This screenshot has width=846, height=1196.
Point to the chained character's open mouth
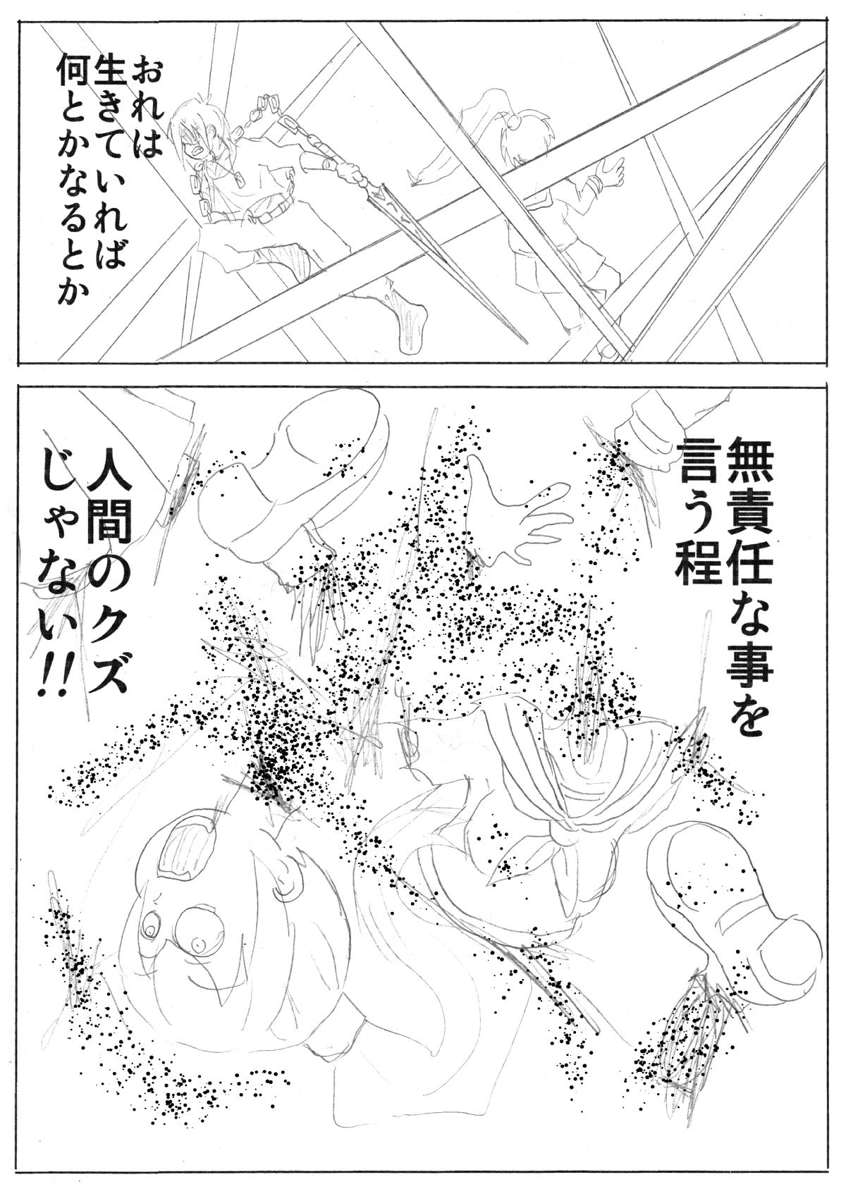(x=200, y=153)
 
